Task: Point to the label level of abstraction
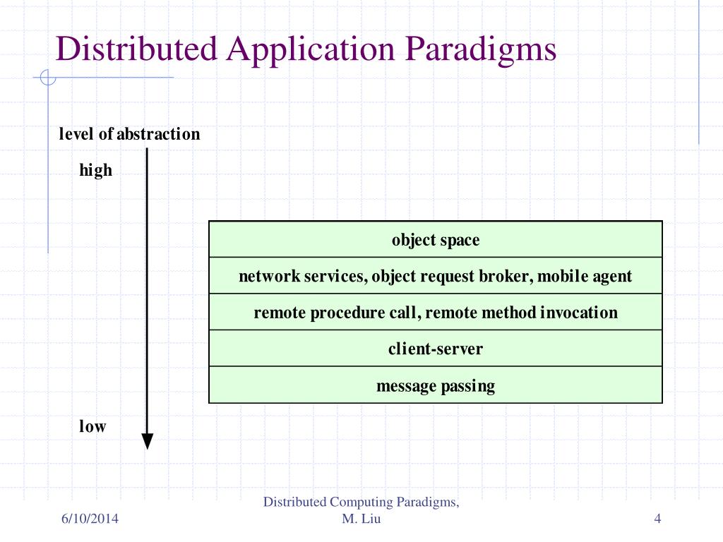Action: coord(129,134)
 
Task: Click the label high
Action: coord(95,170)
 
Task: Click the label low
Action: coord(92,426)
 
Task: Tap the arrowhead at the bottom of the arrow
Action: coord(147,441)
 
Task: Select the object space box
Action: coord(435,240)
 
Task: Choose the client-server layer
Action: coord(435,349)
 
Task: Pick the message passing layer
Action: coord(435,386)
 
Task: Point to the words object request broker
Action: coord(452,276)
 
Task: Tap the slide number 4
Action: coord(657,520)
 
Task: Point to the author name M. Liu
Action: coord(362,520)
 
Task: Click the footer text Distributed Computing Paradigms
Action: coord(361,502)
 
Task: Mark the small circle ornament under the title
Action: coord(48,78)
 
